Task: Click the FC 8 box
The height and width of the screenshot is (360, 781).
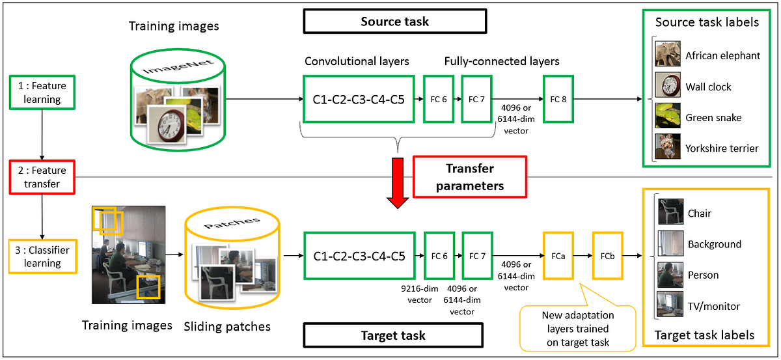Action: (x=558, y=99)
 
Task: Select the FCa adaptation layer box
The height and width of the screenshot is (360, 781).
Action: (x=558, y=256)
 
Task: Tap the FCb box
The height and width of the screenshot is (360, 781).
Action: (x=607, y=256)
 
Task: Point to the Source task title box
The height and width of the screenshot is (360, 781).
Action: (x=394, y=21)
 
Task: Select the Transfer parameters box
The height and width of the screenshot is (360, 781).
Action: (x=469, y=176)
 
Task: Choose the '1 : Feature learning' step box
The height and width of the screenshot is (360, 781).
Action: (x=42, y=92)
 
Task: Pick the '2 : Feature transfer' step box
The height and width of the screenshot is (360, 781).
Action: (x=42, y=176)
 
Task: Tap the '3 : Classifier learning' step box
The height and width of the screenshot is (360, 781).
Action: (x=42, y=256)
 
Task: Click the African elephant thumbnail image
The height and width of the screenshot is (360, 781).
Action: (x=668, y=55)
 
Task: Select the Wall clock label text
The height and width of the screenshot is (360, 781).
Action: (x=708, y=87)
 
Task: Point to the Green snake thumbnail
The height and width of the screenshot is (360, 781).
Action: (x=668, y=117)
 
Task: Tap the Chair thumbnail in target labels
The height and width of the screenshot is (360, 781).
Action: (x=670, y=213)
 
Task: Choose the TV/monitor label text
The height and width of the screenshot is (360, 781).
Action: (x=714, y=306)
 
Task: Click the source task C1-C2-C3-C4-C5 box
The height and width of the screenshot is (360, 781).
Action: (x=359, y=99)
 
